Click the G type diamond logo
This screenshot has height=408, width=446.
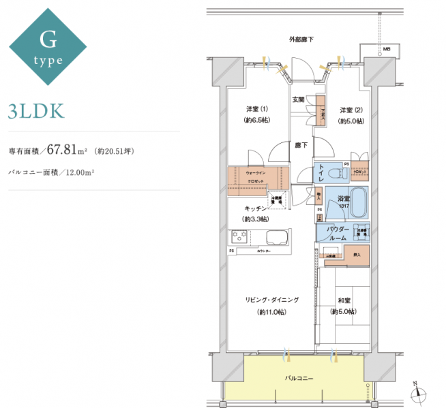[x=48, y=47]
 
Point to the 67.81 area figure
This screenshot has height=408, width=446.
[x=65, y=151]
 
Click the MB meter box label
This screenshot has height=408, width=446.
[x=386, y=50]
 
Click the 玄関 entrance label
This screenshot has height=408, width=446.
[x=299, y=99]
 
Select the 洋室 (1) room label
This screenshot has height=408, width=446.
[x=257, y=110]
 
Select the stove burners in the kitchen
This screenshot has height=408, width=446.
[x=239, y=238]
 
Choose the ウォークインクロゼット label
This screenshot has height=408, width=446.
[x=256, y=178]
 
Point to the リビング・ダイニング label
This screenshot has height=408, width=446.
[x=272, y=299]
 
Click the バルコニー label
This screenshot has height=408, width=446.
[x=299, y=377]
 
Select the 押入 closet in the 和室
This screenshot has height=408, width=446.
[x=356, y=256]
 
